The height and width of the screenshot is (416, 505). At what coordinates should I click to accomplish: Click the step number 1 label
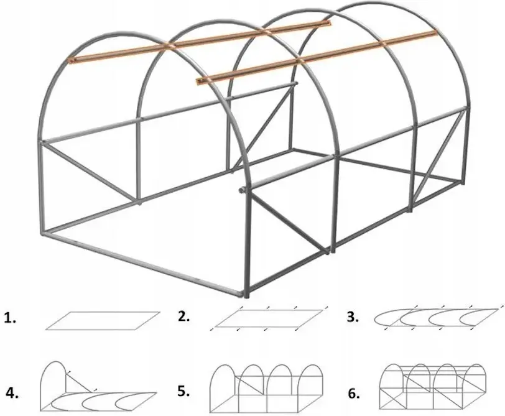[10, 318]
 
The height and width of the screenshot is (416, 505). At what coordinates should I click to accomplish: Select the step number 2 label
[183, 317]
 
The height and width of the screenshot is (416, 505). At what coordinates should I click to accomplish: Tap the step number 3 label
[353, 317]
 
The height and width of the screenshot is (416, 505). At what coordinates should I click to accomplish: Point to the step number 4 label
[12, 394]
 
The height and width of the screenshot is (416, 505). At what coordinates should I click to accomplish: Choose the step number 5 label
[183, 391]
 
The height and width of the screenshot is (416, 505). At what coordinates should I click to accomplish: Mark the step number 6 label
[354, 394]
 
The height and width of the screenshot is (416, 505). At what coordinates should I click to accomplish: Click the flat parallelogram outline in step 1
[103, 321]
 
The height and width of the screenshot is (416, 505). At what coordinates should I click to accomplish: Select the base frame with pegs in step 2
[269, 318]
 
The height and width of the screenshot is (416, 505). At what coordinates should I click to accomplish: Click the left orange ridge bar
[200, 41]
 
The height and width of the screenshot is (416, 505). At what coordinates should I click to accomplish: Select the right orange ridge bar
[316, 57]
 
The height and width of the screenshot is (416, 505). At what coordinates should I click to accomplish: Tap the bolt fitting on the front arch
[241, 191]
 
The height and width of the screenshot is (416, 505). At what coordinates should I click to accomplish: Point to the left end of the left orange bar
[71, 60]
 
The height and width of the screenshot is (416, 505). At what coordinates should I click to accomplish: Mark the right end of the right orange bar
[433, 34]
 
